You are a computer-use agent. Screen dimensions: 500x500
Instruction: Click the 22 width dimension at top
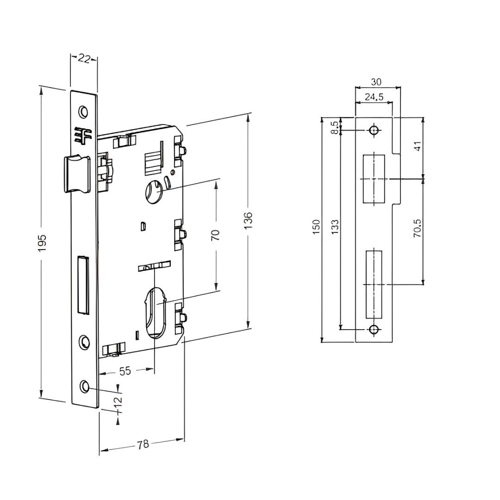click(84, 59)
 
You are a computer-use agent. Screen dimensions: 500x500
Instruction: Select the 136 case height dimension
click(249, 220)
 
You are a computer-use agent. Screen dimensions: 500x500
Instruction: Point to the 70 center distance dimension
click(215, 234)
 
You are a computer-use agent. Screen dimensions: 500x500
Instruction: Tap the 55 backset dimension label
click(125, 371)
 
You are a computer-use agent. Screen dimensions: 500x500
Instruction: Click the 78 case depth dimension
click(143, 444)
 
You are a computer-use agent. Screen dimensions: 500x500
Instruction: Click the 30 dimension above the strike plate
click(376, 82)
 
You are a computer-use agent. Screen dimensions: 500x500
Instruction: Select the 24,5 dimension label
click(374, 97)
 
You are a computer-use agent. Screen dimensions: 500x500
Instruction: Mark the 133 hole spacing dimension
click(336, 228)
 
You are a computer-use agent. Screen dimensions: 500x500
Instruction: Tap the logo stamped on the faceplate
click(83, 135)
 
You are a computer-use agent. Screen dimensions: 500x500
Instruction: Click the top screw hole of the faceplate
click(83, 112)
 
